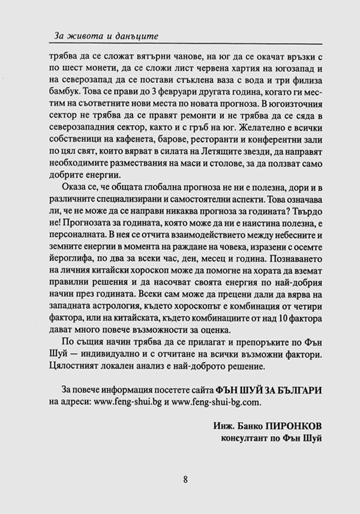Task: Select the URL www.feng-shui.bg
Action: click(x=122, y=401)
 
